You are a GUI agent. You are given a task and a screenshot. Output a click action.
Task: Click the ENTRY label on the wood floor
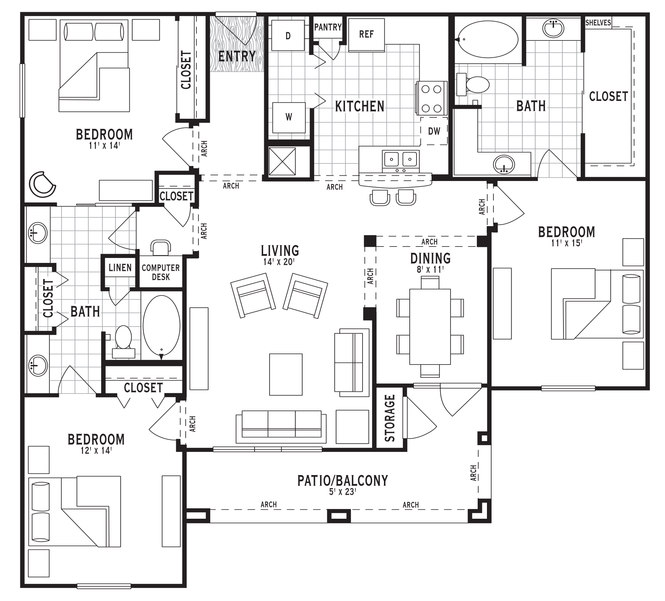point(237,56)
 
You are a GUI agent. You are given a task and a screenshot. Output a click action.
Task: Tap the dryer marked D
point(288,35)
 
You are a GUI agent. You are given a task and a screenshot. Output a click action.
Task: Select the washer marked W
point(289,117)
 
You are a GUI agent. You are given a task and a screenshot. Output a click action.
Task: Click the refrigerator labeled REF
point(366,34)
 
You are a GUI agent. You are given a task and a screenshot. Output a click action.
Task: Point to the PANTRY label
point(328,27)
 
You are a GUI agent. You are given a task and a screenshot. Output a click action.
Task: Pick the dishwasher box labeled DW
point(434,131)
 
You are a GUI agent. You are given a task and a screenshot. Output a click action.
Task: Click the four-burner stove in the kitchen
point(431,98)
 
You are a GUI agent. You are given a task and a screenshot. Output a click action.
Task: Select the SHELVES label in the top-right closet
point(598,23)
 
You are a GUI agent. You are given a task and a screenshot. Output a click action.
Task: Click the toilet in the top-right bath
point(473,85)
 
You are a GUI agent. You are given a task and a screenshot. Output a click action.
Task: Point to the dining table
point(430,326)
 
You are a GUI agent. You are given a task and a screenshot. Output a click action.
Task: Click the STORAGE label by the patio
point(390,418)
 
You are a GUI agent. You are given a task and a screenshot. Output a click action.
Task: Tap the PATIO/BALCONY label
point(343,480)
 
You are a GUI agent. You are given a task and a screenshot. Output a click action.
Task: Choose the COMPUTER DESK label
point(161,272)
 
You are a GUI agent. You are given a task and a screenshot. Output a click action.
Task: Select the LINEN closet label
point(120,267)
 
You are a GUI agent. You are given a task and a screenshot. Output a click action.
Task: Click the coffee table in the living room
point(286,375)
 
